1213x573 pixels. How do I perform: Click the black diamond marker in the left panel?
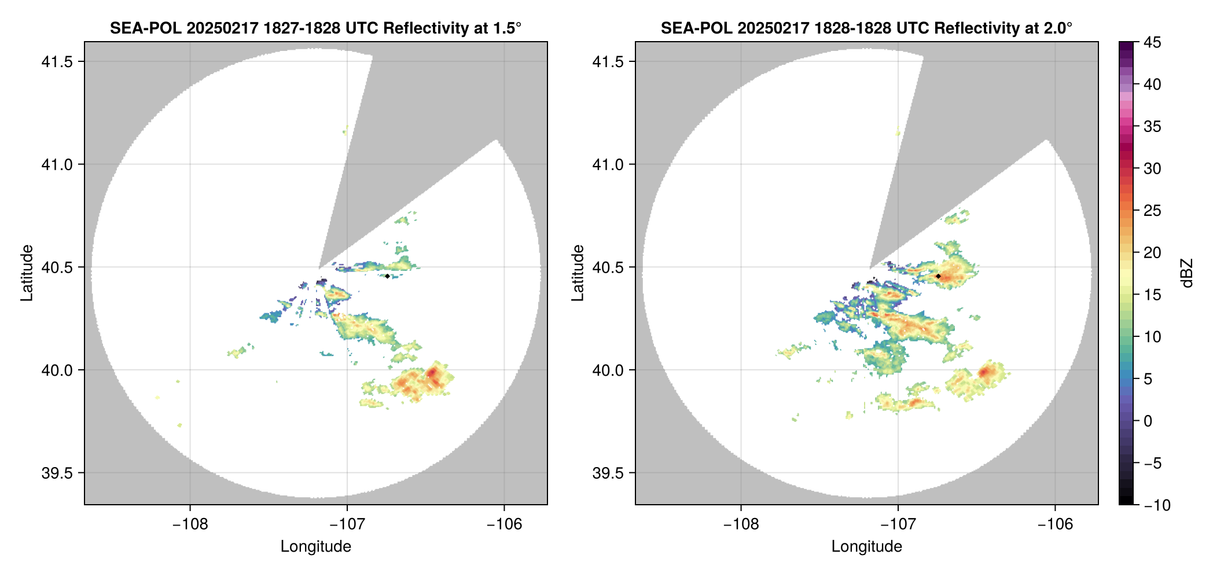click(x=387, y=276)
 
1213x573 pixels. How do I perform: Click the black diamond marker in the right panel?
click(x=938, y=276)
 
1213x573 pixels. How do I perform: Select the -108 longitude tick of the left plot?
click(x=190, y=524)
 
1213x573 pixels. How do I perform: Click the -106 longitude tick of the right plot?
click(x=1055, y=524)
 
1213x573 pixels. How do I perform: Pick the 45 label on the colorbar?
click(x=1152, y=42)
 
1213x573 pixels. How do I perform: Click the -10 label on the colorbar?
click(x=1157, y=505)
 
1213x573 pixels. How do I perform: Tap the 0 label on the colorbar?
click(x=1148, y=421)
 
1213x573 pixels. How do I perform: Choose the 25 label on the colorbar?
click(x=1152, y=211)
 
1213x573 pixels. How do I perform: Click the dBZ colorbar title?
click(x=1188, y=273)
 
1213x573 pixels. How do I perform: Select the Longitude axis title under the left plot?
click(x=316, y=546)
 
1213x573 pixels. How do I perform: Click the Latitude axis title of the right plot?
click(x=578, y=273)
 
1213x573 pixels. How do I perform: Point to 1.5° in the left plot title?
click(x=507, y=28)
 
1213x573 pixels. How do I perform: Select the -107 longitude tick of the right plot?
click(x=898, y=524)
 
